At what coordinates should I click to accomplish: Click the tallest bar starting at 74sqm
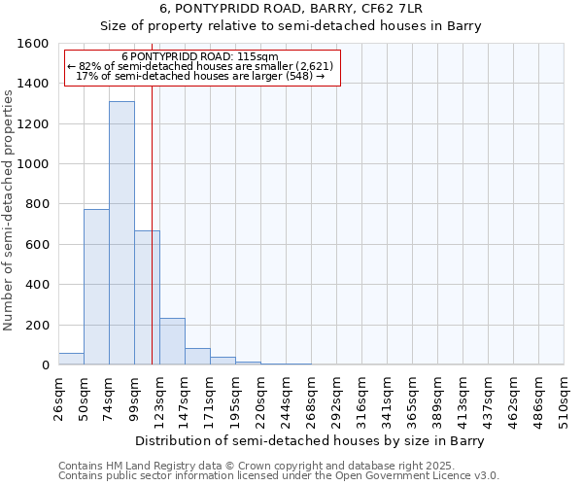pos(121,233)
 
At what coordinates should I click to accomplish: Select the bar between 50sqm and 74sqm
pos(96,287)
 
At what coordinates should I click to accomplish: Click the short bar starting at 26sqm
pos(71,359)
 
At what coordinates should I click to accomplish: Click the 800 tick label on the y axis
pos(37,204)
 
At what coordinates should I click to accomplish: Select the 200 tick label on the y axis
pos(37,325)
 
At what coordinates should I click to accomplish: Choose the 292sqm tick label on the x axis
pos(336,399)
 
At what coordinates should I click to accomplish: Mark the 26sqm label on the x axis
pos(58,399)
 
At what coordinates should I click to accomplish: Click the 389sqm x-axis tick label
pos(437,399)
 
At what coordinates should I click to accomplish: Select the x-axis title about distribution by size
pos(309,440)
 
